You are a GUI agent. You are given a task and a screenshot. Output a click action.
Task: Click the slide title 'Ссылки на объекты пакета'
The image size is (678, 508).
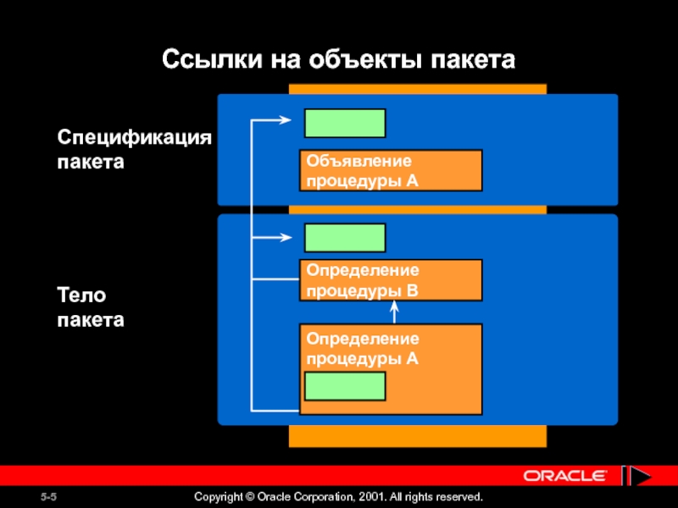(x=338, y=60)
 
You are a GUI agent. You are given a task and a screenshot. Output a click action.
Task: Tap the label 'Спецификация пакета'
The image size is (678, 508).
(x=133, y=149)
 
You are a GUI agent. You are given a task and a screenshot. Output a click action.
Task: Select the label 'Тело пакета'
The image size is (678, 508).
(x=90, y=307)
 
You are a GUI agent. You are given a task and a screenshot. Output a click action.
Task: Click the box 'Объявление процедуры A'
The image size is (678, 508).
(x=391, y=170)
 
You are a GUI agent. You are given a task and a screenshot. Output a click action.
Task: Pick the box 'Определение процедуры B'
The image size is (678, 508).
(x=391, y=280)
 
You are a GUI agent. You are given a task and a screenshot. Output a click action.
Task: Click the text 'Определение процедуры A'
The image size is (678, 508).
(x=363, y=348)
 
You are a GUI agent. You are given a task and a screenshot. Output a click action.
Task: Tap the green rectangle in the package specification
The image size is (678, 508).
(x=345, y=123)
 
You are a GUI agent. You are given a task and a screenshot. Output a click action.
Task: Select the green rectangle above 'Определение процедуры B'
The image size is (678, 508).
(x=345, y=238)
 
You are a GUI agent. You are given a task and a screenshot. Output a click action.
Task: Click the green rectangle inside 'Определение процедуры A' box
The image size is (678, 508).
(x=345, y=386)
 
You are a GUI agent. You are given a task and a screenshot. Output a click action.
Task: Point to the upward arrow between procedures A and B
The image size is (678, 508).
(x=395, y=312)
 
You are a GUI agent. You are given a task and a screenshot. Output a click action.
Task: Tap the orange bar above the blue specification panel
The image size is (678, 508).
(x=417, y=88)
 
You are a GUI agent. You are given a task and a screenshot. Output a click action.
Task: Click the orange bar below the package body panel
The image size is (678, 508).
(x=417, y=435)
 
